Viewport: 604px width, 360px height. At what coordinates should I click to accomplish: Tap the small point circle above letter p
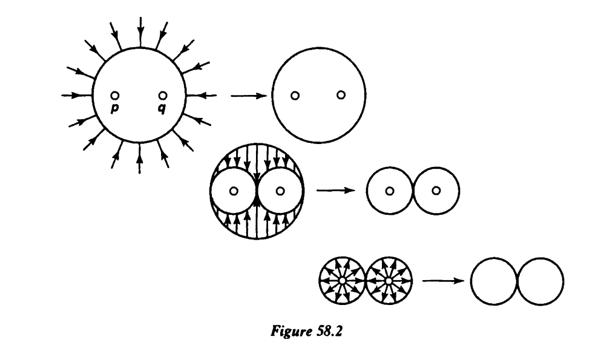114,95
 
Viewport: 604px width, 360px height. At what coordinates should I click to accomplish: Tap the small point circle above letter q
162,95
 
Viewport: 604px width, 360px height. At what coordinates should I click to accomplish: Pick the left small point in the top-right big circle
295,96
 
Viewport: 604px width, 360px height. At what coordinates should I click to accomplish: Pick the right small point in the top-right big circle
341,96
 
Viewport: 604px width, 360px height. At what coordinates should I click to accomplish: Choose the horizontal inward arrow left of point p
77,95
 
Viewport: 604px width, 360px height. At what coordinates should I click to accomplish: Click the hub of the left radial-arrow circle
342,281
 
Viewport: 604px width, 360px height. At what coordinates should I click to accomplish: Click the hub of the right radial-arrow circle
389,281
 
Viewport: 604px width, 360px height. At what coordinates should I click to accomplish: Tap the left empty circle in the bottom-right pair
494,282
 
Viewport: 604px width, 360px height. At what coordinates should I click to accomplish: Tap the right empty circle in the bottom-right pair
540,282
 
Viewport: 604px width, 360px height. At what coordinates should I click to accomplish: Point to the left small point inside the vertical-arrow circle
234,191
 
